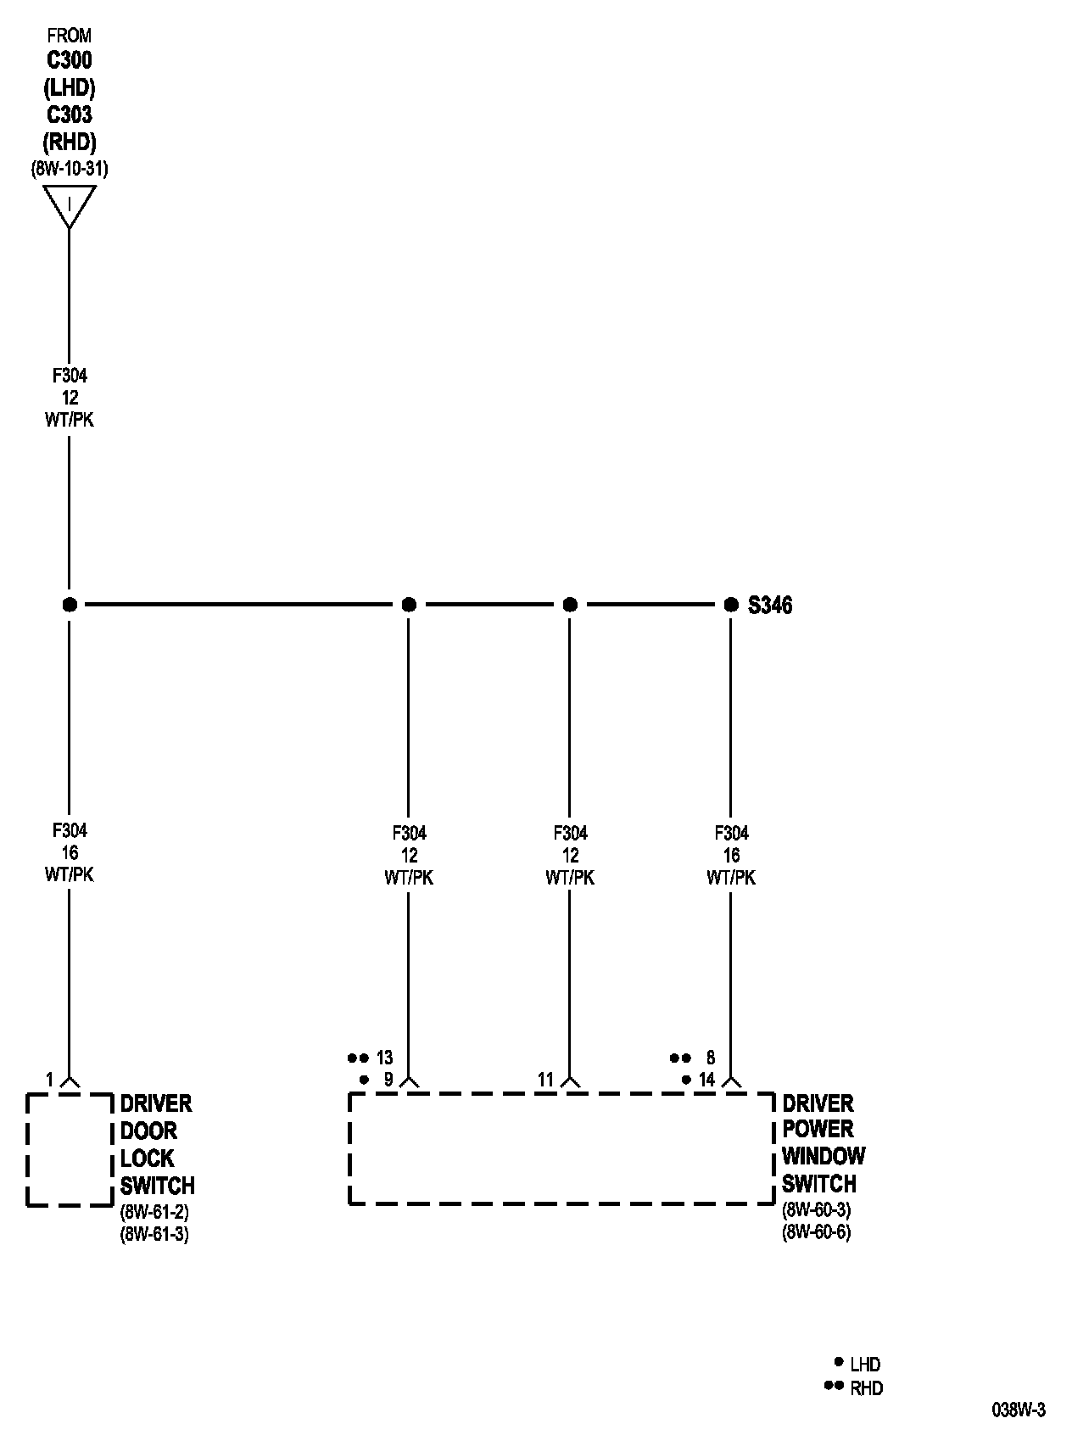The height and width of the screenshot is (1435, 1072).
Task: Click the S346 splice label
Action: [x=770, y=605]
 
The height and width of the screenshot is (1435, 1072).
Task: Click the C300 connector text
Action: [x=70, y=60]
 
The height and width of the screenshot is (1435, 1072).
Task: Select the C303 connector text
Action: [x=70, y=114]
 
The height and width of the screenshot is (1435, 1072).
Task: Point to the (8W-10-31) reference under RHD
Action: [x=70, y=168]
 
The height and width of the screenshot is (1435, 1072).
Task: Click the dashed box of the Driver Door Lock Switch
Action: [x=70, y=1149]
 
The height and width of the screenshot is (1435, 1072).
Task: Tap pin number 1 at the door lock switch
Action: [x=49, y=1080]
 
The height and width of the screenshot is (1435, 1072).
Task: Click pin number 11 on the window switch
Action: [x=545, y=1080]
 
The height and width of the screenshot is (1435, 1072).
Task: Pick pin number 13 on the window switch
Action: [x=385, y=1058]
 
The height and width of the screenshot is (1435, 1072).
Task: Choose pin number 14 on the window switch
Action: [x=707, y=1080]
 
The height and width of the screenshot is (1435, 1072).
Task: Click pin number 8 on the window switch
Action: [x=711, y=1058]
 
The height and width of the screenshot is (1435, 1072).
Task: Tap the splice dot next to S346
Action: [x=731, y=605]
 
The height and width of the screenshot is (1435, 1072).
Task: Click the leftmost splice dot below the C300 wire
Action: [x=70, y=605]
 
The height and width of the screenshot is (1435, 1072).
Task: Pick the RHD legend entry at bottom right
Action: [x=866, y=1388]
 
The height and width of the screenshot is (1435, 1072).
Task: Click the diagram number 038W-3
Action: [x=1019, y=1410]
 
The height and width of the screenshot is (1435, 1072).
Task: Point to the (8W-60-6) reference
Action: [x=816, y=1231]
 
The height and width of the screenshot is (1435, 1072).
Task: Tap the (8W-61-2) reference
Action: [x=154, y=1211]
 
